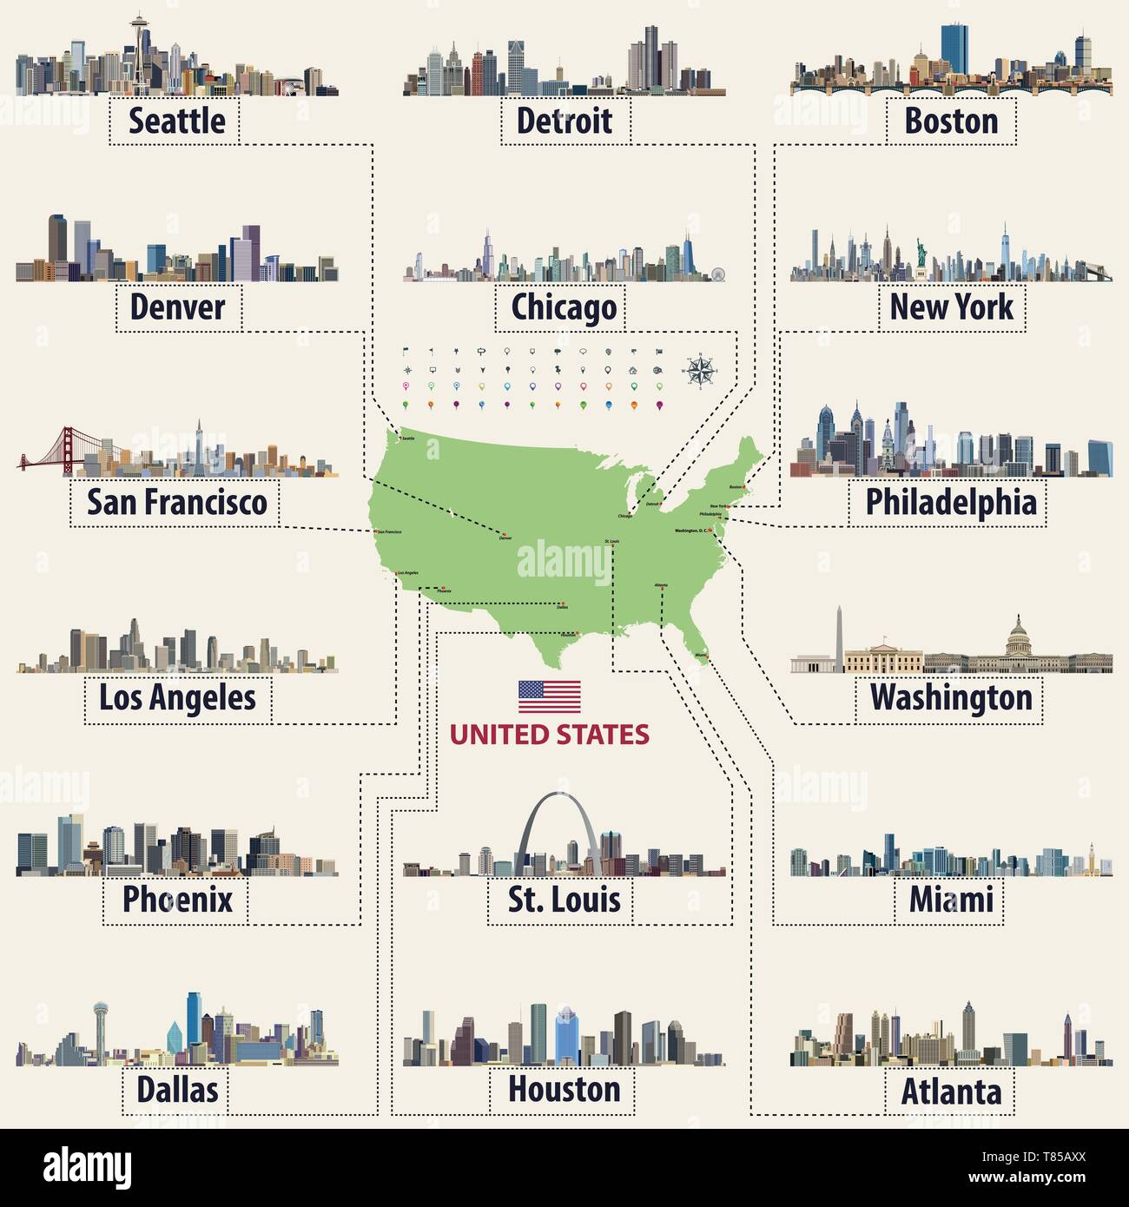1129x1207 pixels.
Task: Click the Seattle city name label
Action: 176,121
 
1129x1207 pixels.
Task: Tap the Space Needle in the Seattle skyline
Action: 140,43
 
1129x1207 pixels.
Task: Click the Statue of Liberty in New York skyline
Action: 920,256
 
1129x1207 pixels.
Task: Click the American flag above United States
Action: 549,696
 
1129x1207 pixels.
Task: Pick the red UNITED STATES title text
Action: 549,735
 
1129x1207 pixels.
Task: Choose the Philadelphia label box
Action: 950,503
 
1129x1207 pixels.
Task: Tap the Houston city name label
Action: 564,1089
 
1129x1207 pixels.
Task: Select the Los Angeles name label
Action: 177,697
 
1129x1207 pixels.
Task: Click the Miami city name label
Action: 950,900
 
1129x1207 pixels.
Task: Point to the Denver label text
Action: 177,307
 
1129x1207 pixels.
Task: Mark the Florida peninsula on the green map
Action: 695,643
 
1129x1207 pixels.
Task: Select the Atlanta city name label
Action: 950,1092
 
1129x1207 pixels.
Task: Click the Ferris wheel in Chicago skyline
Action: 716,274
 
